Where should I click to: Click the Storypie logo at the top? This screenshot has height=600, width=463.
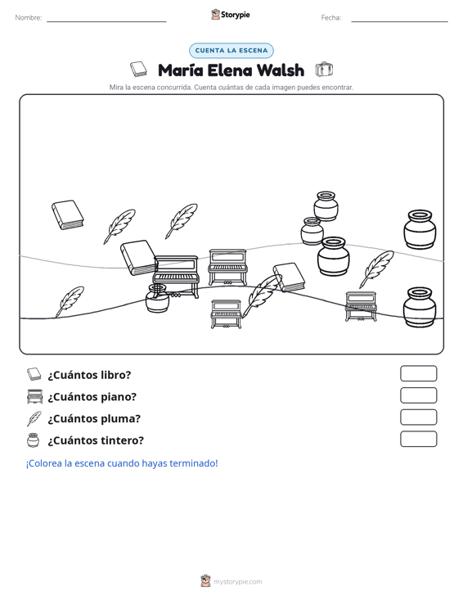(x=231, y=15)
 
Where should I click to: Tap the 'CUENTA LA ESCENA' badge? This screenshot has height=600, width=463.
(x=231, y=51)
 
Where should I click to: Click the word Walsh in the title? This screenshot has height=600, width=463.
(x=281, y=70)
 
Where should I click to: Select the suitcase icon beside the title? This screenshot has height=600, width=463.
(x=324, y=70)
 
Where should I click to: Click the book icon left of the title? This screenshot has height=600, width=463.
(x=138, y=69)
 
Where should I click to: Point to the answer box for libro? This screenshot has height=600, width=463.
(x=418, y=373)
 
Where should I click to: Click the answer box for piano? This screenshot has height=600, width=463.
(x=418, y=395)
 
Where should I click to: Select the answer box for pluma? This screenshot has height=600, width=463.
(x=418, y=417)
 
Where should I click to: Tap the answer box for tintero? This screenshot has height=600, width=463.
(x=418, y=439)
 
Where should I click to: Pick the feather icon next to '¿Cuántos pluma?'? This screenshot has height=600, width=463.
(x=34, y=418)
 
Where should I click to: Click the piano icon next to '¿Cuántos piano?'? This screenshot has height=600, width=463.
(x=34, y=396)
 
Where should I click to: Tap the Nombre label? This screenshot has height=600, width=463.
(x=29, y=18)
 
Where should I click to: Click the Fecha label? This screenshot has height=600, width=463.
(x=331, y=18)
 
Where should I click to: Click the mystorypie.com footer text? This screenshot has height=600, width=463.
(x=237, y=582)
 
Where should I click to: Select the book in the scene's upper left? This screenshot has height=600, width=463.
(x=68, y=214)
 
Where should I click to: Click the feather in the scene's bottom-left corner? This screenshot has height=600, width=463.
(x=70, y=301)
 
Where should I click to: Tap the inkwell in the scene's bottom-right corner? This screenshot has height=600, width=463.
(x=420, y=308)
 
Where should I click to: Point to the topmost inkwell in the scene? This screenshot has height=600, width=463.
(x=326, y=206)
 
